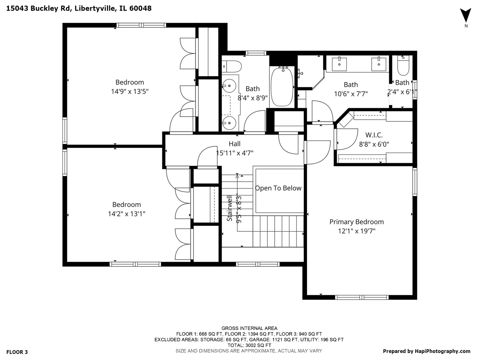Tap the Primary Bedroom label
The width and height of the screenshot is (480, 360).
click(356, 222)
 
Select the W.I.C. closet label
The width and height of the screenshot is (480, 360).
click(374, 135)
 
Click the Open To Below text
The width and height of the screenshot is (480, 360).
click(278, 188)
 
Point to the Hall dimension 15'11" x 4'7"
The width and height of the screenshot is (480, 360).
click(235, 153)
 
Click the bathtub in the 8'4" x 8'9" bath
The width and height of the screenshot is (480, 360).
click(282, 87)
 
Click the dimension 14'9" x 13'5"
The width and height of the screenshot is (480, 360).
click(130, 91)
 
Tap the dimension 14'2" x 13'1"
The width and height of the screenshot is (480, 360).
click(126, 214)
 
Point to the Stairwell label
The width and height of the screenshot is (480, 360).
click(230, 208)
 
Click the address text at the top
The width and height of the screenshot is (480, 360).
click(79, 8)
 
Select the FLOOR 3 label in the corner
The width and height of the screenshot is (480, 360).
click(17, 352)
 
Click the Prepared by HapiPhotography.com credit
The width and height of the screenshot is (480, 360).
click(426, 351)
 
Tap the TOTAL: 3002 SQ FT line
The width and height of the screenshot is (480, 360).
click(249, 345)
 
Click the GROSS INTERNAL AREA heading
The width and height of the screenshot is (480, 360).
click(249, 328)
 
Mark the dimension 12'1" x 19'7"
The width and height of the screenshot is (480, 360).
click(356, 231)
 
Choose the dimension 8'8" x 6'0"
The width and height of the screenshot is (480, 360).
click(374, 144)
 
